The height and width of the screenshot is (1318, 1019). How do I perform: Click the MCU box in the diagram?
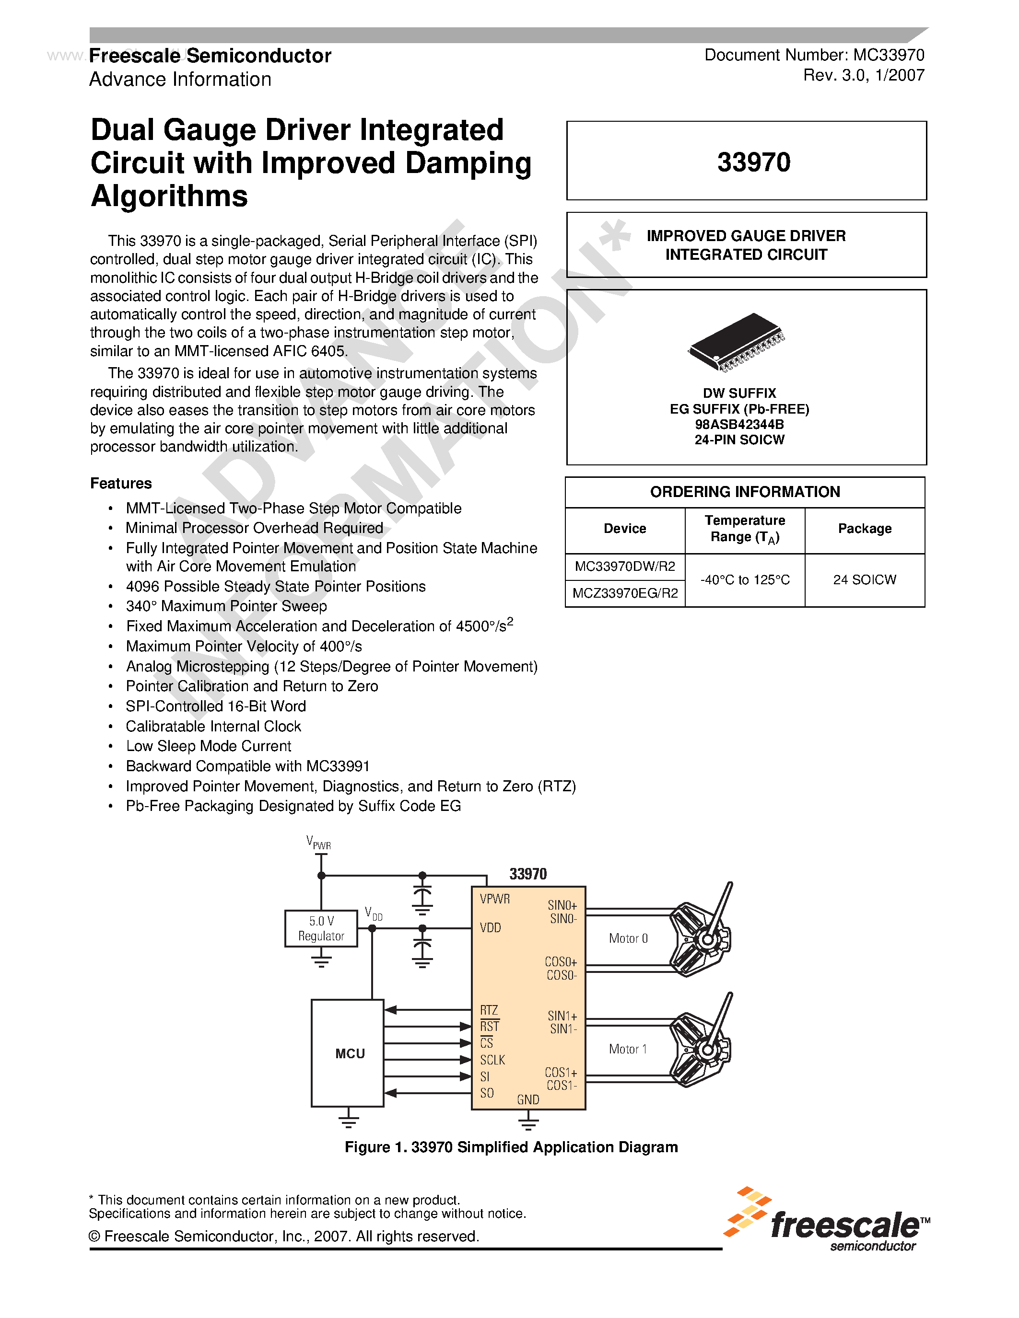(348, 1053)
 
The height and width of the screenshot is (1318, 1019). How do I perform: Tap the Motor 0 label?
(628, 938)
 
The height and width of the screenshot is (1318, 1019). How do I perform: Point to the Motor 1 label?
(627, 1049)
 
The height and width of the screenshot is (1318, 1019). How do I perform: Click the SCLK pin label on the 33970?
(492, 1060)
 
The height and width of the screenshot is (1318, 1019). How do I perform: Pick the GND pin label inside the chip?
(527, 1099)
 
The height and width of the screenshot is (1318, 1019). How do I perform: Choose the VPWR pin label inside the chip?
(494, 899)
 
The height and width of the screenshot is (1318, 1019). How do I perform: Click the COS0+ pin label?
(561, 962)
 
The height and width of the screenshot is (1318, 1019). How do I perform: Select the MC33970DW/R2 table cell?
(625, 566)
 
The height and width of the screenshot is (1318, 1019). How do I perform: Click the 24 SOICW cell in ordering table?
(865, 579)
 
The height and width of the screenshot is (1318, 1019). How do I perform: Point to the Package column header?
(865, 529)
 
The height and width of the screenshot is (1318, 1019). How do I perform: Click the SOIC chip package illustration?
(737, 341)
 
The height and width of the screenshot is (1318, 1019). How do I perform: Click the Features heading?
(121, 484)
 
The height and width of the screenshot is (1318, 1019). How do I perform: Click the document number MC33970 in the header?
(888, 56)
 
